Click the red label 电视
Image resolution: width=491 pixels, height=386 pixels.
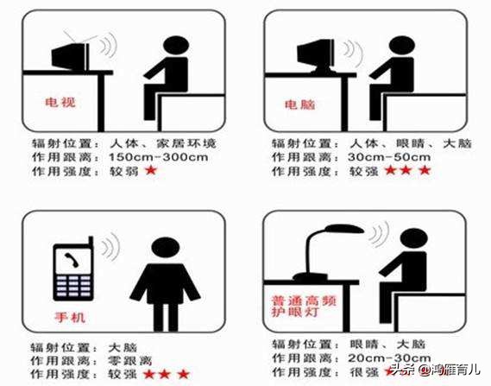click(60, 102)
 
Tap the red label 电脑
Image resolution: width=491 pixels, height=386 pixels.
click(299, 104)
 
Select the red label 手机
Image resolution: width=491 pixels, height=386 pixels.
click(70, 318)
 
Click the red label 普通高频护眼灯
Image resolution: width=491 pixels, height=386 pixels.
click(304, 307)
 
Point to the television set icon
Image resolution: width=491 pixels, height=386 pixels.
click(71, 57)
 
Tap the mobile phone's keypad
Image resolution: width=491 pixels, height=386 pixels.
click(73, 286)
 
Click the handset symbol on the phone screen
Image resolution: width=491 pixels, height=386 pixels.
click(71, 260)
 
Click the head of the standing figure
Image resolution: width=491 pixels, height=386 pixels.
click(166, 247)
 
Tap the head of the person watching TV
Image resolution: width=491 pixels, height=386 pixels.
click(176, 47)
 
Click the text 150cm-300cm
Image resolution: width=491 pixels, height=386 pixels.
click(159, 157)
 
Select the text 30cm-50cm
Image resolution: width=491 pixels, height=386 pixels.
click(389, 157)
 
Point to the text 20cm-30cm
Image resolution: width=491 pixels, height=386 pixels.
click(389, 358)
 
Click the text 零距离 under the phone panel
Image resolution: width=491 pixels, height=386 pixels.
click(130, 361)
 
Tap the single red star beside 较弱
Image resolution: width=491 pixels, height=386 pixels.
click(151, 171)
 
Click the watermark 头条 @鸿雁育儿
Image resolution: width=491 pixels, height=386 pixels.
click(436, 370)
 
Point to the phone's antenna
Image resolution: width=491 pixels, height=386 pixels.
click(91, 242)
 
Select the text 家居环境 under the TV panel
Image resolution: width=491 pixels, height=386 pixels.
click(186, 143)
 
